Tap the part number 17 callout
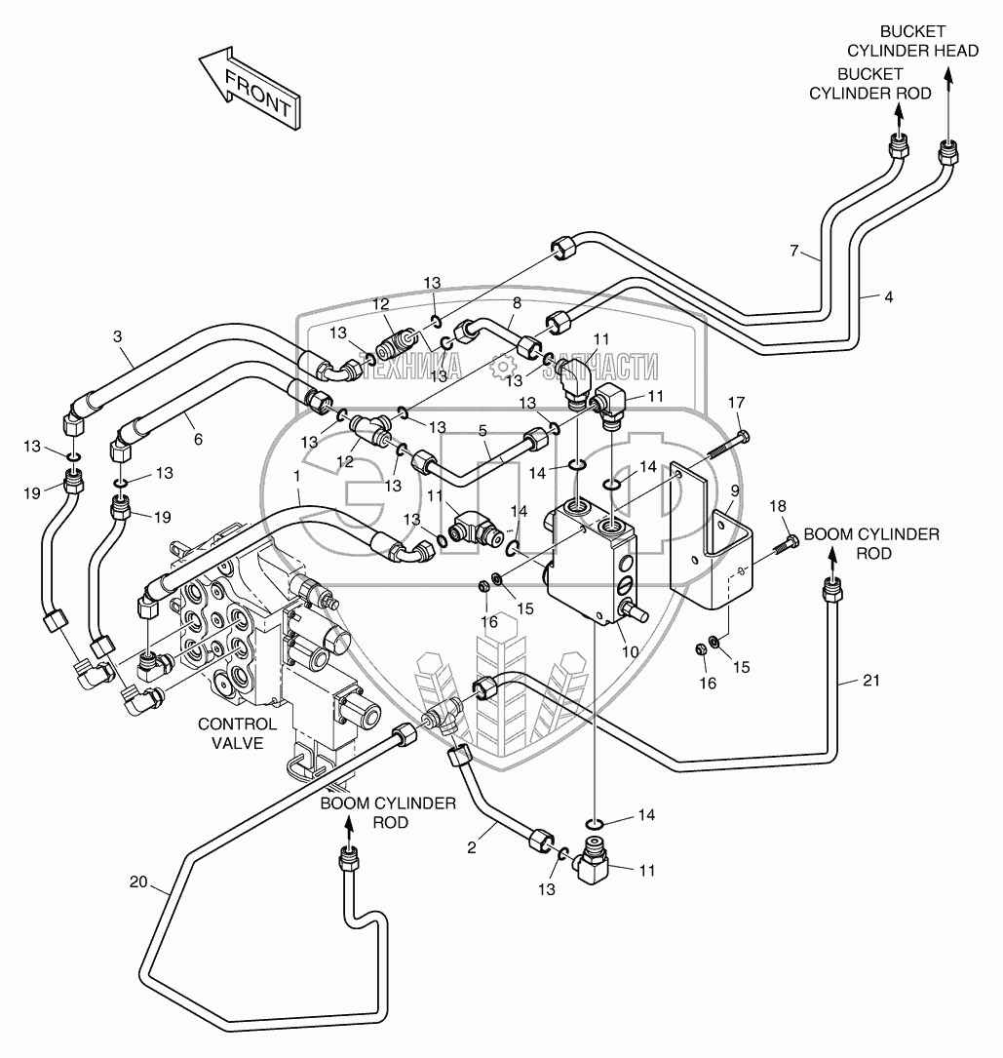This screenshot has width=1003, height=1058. click(737, 402)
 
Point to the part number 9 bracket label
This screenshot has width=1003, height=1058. click(733, 490)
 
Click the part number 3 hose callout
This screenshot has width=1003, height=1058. click(117, 336)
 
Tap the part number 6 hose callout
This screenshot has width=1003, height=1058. click(198, 440)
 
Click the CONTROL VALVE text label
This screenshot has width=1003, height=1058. click(237, 733)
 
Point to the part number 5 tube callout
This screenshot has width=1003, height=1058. click(482, 429)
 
